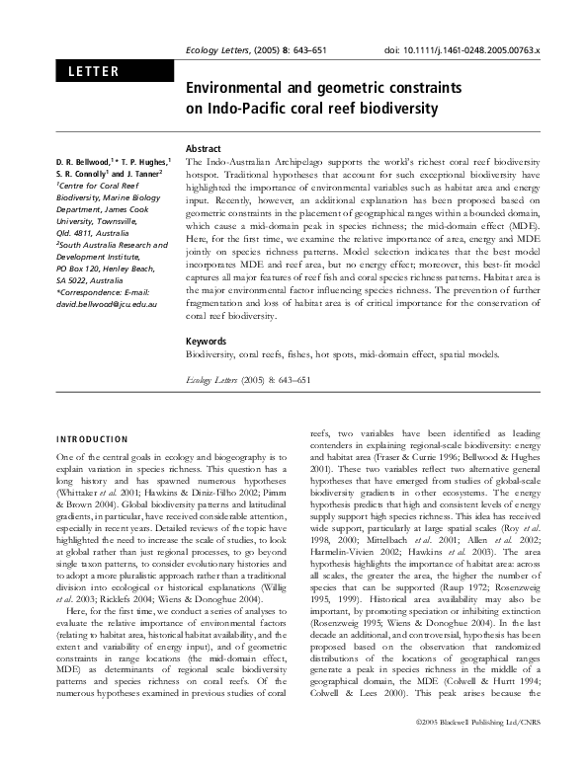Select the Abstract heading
pyautogui.click(x=205, y=146)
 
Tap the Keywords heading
pyautogui.click(x=208, y=341)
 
